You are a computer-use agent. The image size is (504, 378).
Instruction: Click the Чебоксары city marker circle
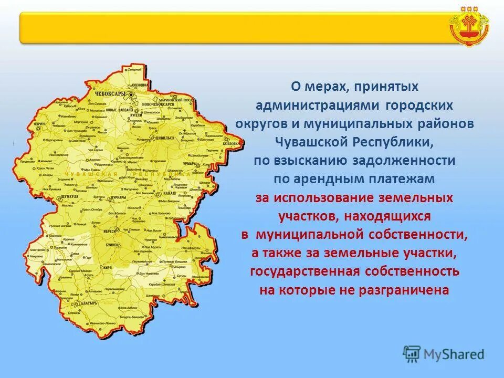[x=132, y=95]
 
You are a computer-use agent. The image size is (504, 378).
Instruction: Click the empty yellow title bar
[x=231, y=28]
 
